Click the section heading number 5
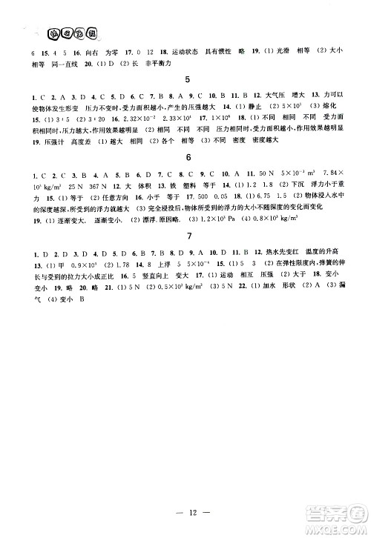click(188, 79)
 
